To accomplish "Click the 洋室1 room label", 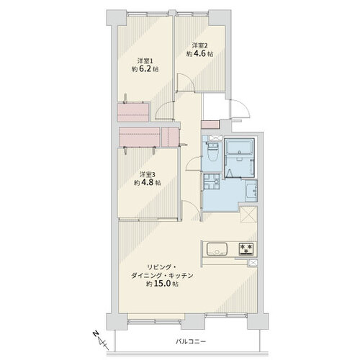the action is point(145,60).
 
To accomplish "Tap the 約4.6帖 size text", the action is point(199,54).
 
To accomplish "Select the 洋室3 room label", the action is point(148,174).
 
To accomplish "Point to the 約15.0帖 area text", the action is point(163,284).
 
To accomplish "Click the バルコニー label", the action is point(191,341).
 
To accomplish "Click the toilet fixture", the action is point(212,152).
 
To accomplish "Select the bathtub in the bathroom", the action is point(239,147).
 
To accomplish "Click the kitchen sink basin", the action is point(217,249).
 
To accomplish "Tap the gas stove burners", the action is point(247,249).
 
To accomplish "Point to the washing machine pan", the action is point(212,182).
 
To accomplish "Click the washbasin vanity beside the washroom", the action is point(251,191).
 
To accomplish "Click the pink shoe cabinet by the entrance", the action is point(210,125).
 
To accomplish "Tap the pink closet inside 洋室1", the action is point(133,112).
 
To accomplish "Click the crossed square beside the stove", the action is point(253,263).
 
